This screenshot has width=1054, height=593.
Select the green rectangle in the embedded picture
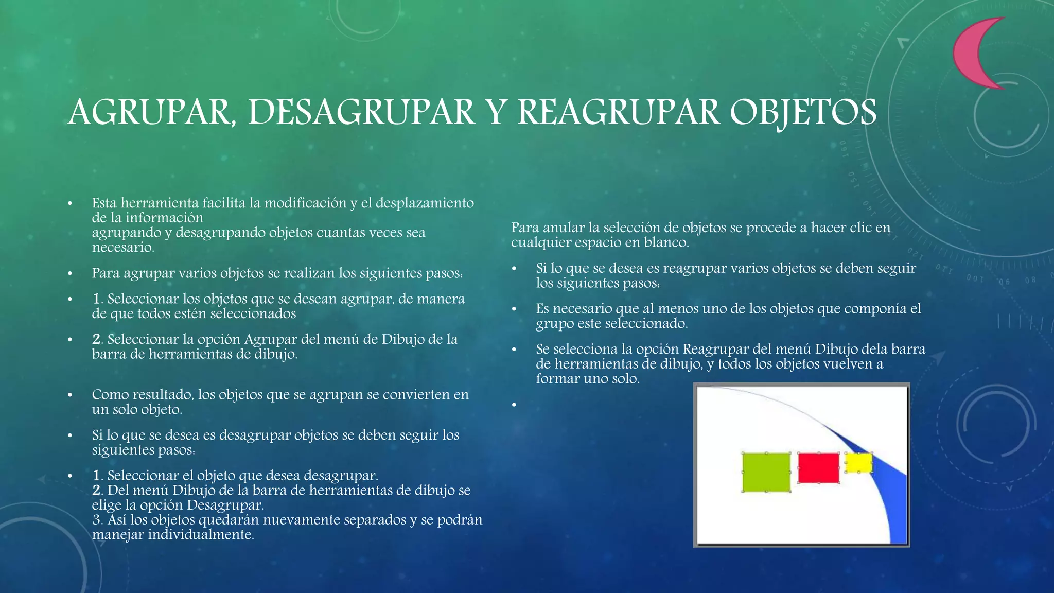pyautogui.click(x=766, y=472)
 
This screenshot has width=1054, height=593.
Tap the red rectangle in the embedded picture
pyautogui.click(x=818, y=467)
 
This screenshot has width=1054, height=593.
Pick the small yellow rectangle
pyautogui.click(x=858, y=462)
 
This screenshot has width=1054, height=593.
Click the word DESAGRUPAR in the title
pyautogui.click(x=361, y=112)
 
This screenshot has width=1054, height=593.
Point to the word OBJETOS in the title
pyautogui.click(x=803, y=112)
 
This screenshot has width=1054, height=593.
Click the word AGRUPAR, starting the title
pyautogui.click(x=150, y=112)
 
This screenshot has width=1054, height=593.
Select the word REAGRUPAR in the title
pyautogui.click(x=618, y=112)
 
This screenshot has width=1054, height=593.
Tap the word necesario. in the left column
pyautogui.click(x=123, y=248)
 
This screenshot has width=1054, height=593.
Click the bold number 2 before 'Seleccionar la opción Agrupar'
pyautogui.click(x=96, y=339)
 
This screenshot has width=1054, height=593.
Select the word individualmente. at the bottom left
pyautogui.click(x=201, y=535)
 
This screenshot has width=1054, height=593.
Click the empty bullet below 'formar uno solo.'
pyautogui.click(x=514, y=405)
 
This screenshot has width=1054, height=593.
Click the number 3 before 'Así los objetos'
pyautogui.click(x=97, y=520)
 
